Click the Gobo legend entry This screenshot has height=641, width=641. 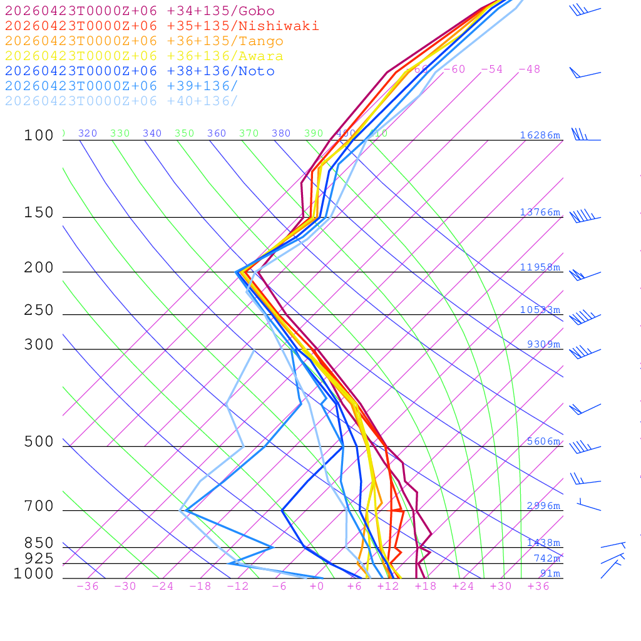(140, 11)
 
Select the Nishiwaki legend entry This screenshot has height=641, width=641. (162, 26)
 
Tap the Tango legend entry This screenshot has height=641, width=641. (144, 41)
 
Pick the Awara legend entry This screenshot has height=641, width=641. (144, 56)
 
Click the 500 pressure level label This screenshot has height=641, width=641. (39, 442)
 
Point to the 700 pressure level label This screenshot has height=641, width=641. (39, 506)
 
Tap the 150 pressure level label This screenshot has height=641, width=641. (39, 213)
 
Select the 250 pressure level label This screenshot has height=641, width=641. (39, 310)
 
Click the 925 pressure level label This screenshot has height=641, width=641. (39, 558)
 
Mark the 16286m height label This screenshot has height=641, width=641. (540, 135)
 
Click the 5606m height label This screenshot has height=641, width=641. (543, 441)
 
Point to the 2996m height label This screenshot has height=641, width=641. (543, 506)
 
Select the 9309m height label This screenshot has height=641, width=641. (543, 344)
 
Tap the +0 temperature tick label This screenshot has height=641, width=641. (317, 587)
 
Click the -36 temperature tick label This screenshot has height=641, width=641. (87, 587)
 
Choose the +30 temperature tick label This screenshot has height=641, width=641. (500, 587)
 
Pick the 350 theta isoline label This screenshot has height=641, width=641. (184, 133)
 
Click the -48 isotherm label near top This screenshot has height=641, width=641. (529, 69)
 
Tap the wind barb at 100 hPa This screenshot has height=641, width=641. (582, 136)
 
